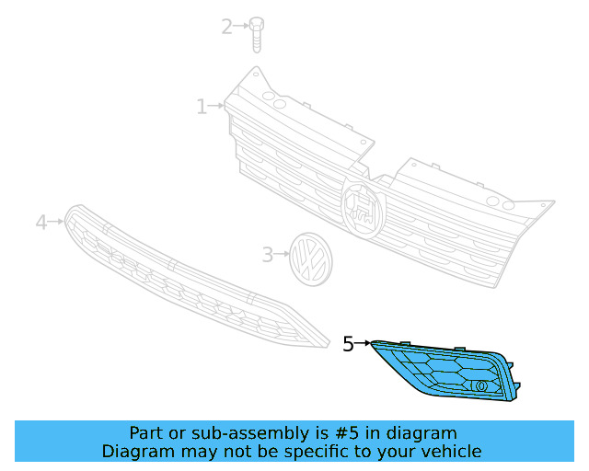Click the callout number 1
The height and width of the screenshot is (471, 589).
pos(202,108)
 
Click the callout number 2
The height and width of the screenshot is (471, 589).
pos(226,27)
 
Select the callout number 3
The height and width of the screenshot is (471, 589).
pos(267,254)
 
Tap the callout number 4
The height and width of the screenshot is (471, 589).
pos(40,222)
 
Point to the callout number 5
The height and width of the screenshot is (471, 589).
pos(348,344)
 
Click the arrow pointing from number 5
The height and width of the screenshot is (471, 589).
pos(364,344)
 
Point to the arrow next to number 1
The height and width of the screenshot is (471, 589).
pos(217,107)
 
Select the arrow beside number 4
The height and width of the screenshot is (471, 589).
pos(56,222)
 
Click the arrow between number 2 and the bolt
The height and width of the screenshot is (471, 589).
pos(242,27)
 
